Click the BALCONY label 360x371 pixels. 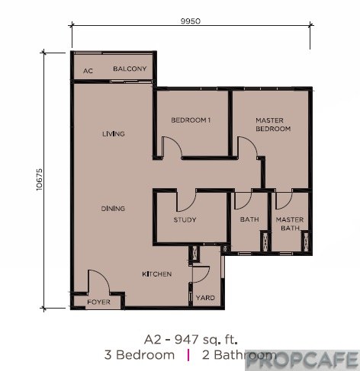130,69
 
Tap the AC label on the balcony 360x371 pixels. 88,71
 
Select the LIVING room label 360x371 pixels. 114,133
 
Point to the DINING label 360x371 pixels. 113,209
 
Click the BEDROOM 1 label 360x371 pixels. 191,120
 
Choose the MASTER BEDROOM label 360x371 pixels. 273,124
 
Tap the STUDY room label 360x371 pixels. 185,219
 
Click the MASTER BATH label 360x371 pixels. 290,224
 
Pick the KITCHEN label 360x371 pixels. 157,274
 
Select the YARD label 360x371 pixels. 205,298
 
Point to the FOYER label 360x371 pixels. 98,302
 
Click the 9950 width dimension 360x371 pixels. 191,21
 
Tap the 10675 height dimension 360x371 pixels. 40,180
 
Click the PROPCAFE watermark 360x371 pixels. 303,360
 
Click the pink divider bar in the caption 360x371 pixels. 188,355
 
